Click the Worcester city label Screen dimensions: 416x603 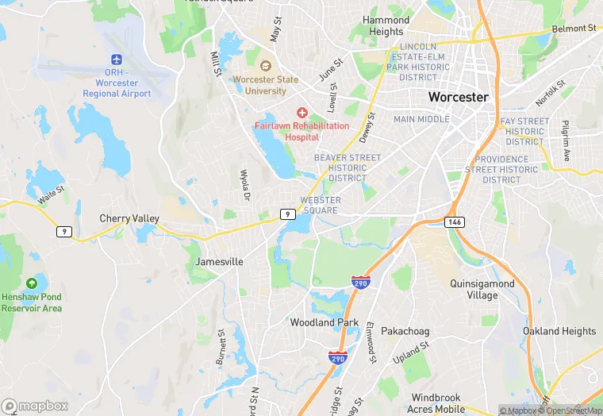pos(458,97)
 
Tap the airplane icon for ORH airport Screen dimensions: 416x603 pos(117,60)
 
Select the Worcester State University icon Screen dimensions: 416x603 pos(265,65)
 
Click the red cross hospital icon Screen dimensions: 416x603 pos(301,114)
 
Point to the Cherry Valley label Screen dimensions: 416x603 pos(129,218)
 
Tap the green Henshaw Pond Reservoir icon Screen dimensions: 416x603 pos(32,283)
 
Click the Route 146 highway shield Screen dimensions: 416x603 pos(454,221)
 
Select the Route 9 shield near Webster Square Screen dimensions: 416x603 pos(286,214)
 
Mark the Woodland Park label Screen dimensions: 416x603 pos(325,323)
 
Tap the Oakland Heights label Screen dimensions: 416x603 pos(559,331)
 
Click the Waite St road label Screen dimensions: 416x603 pos(50,191)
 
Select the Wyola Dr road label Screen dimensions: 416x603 pos(245,184)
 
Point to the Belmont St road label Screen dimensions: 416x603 pos(574,29)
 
